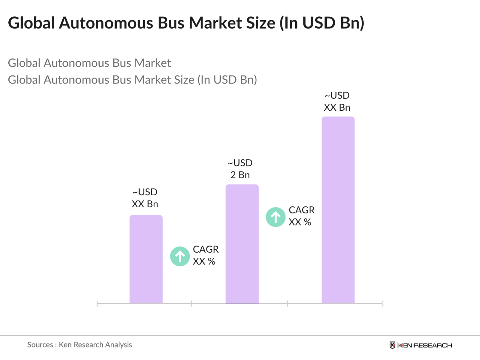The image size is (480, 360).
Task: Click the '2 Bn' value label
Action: point(240,175)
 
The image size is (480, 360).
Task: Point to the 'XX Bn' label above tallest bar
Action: point(337,108)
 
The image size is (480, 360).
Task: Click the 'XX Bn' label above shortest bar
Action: point(145,204)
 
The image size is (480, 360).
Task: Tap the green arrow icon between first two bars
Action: point(180,256)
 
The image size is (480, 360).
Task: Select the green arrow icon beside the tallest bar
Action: point(276,217)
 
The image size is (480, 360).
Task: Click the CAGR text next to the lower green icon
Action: point(206,249)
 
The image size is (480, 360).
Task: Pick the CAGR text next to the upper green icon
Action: point(302,210)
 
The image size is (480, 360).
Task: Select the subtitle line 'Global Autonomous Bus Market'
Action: point(89,63)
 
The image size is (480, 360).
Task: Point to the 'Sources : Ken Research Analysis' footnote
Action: point(79,345)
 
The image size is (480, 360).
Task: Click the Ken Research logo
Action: point(421,345)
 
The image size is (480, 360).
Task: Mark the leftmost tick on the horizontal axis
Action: point(97,304)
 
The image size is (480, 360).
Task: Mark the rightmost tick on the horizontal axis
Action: point(383,304)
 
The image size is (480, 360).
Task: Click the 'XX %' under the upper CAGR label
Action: point(300,222)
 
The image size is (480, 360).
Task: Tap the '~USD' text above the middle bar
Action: point(240,163)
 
